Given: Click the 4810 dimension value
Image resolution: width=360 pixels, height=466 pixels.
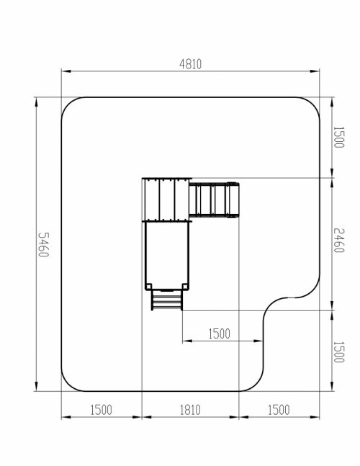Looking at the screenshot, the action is click(x=190, y=64).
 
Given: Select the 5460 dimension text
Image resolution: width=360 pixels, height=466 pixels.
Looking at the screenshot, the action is click(x=44, y=245).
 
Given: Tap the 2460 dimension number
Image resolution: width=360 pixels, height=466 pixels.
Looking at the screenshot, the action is click(x=338, y=240).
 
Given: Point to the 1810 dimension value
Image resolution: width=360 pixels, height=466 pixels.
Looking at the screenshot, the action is click(x=190, y=410).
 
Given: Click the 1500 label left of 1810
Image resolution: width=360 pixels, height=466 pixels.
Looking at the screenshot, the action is click(x=102, y=410).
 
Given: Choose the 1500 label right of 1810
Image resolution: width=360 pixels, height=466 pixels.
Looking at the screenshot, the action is click(x=279, y=410).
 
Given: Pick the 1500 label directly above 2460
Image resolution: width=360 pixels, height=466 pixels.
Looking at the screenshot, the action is click(x=338, y=138).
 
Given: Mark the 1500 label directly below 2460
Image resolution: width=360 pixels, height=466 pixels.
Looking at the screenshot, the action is click(x=338, y=352).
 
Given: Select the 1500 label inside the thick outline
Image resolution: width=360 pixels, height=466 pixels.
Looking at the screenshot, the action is click(x=219, y=333).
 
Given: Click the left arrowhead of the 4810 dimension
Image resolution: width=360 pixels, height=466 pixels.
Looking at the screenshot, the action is click(x=66, y=71).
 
